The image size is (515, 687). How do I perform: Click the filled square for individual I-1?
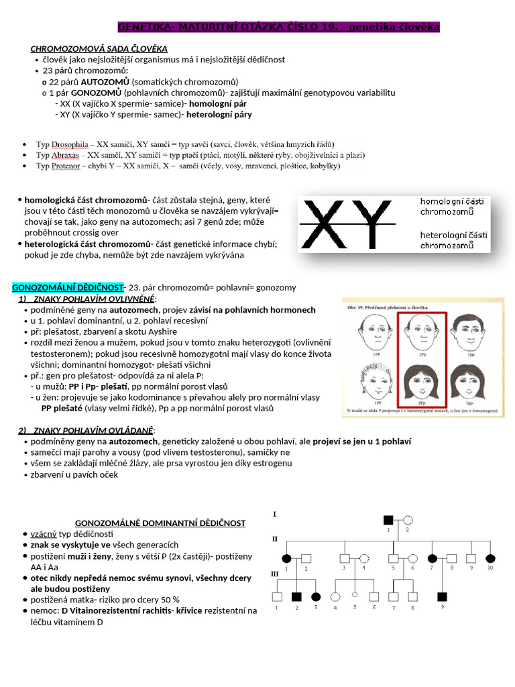tap(388, 519)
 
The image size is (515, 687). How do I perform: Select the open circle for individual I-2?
tap(407, 519)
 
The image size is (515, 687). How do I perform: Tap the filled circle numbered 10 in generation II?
tap(490, 558)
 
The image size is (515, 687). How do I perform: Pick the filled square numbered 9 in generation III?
tap(442, 596)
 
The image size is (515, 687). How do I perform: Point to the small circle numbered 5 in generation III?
tap(354, 596)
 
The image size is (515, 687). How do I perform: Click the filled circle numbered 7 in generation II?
tap(433, 558)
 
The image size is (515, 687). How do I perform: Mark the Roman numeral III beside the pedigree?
tap(275, 574)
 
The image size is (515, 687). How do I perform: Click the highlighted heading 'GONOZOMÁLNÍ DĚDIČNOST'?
tap(68, 287)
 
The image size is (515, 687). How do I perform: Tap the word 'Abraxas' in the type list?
tap(68, 155)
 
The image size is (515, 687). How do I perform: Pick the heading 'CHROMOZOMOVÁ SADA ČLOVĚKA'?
tap(99, 49)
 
